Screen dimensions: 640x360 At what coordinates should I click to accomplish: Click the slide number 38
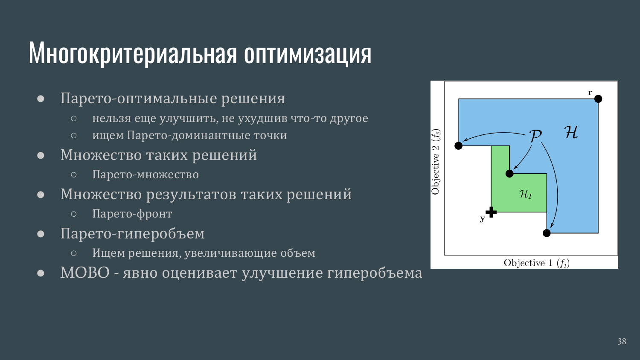(x=622, y=341)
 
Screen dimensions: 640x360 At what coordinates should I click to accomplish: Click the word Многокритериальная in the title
(x=133, y=53)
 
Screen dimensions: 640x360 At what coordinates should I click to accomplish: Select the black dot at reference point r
(x=598, y=99)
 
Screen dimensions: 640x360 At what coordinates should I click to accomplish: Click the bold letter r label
(x=590, y=93)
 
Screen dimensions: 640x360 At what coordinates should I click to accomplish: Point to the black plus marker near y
(x=491, y=212)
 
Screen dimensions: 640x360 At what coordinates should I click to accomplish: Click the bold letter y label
(x=483, y=218)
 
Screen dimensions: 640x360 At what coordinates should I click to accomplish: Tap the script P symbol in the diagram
(x=535, y=136)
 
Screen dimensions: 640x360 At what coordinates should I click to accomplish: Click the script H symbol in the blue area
(x=571, y=132)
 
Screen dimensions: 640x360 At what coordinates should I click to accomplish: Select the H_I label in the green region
(x=526, y=195)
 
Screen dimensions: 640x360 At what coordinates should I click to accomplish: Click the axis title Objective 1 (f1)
(x=537, y=263)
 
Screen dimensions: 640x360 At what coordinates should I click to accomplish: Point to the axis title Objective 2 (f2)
(x=436, y=162)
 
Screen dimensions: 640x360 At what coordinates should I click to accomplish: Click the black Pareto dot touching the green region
(x=509, y=174)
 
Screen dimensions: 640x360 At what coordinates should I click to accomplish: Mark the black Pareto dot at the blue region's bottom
(x=547, y=233)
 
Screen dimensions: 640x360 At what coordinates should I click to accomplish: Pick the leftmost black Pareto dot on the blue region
(x=458, y=146)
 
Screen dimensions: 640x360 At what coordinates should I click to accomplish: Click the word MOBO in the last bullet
(x=85, y=273)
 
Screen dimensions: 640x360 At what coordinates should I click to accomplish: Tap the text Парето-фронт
(x=132, y=214)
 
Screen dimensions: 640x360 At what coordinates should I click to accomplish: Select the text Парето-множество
(x=145, y=174)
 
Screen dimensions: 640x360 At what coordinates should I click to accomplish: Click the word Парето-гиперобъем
(x=132, y=234)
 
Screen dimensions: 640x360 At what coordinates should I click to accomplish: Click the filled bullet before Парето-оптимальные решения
(x=41, y=99)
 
